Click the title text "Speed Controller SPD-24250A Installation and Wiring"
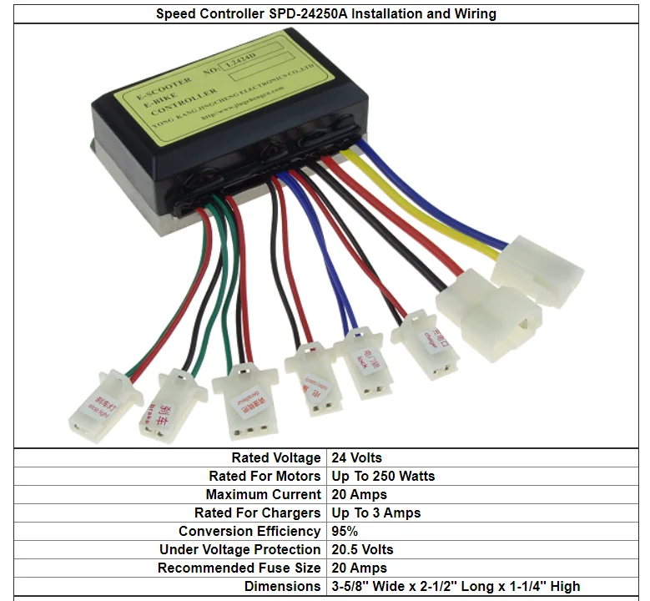coord(325,13)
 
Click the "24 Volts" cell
coord(356,457)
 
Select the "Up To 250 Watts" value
coord(383,476)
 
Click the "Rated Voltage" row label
coord(275,457)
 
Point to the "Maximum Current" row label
coord(263,494)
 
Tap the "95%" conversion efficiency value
coord(345,531)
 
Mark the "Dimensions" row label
coord(283,586)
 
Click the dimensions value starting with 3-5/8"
coord(456,586)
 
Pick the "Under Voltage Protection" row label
coord(240,549)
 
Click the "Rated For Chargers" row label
coord(257,513)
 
